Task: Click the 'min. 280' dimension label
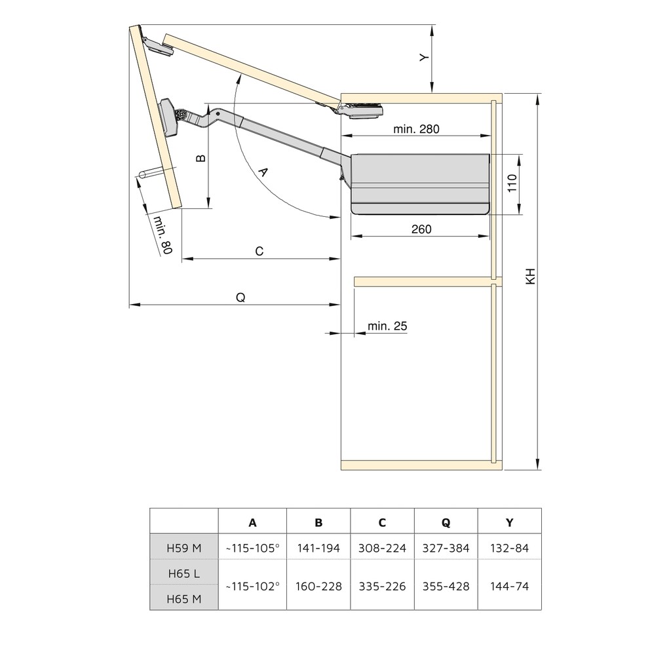pyautogui.click(x=416, y=129)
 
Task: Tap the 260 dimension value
pyautogui.click(x=421, y=229)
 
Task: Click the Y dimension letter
pyautogui.click(x=424, y=58)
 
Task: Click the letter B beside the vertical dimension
pyautogui.click(x=201, y=158)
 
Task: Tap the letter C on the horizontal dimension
pyautogui.click(x=259, y=252)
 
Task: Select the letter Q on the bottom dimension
pyautogui.click(x=240, y=297)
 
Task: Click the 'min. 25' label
pyautogui.click(x=387, y=326)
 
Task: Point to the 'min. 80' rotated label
pyautogui.click(x=161, y=235)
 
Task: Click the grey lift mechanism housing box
pyautogui.click(x=421, y=183)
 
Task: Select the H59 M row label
pyautogui.click(x=184, y=548)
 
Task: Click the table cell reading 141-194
pyautogui.click(x=318, y=548)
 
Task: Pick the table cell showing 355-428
pyautogui.click(x=446, y=586)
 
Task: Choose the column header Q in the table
pyautogui.click(x=446, y=522)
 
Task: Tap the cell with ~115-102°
pyautogui.click(x=252, y=586)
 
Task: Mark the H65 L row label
pyautogui.click(x=184, y=573)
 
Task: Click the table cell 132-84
pyautogui.click(x=509, y=548)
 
